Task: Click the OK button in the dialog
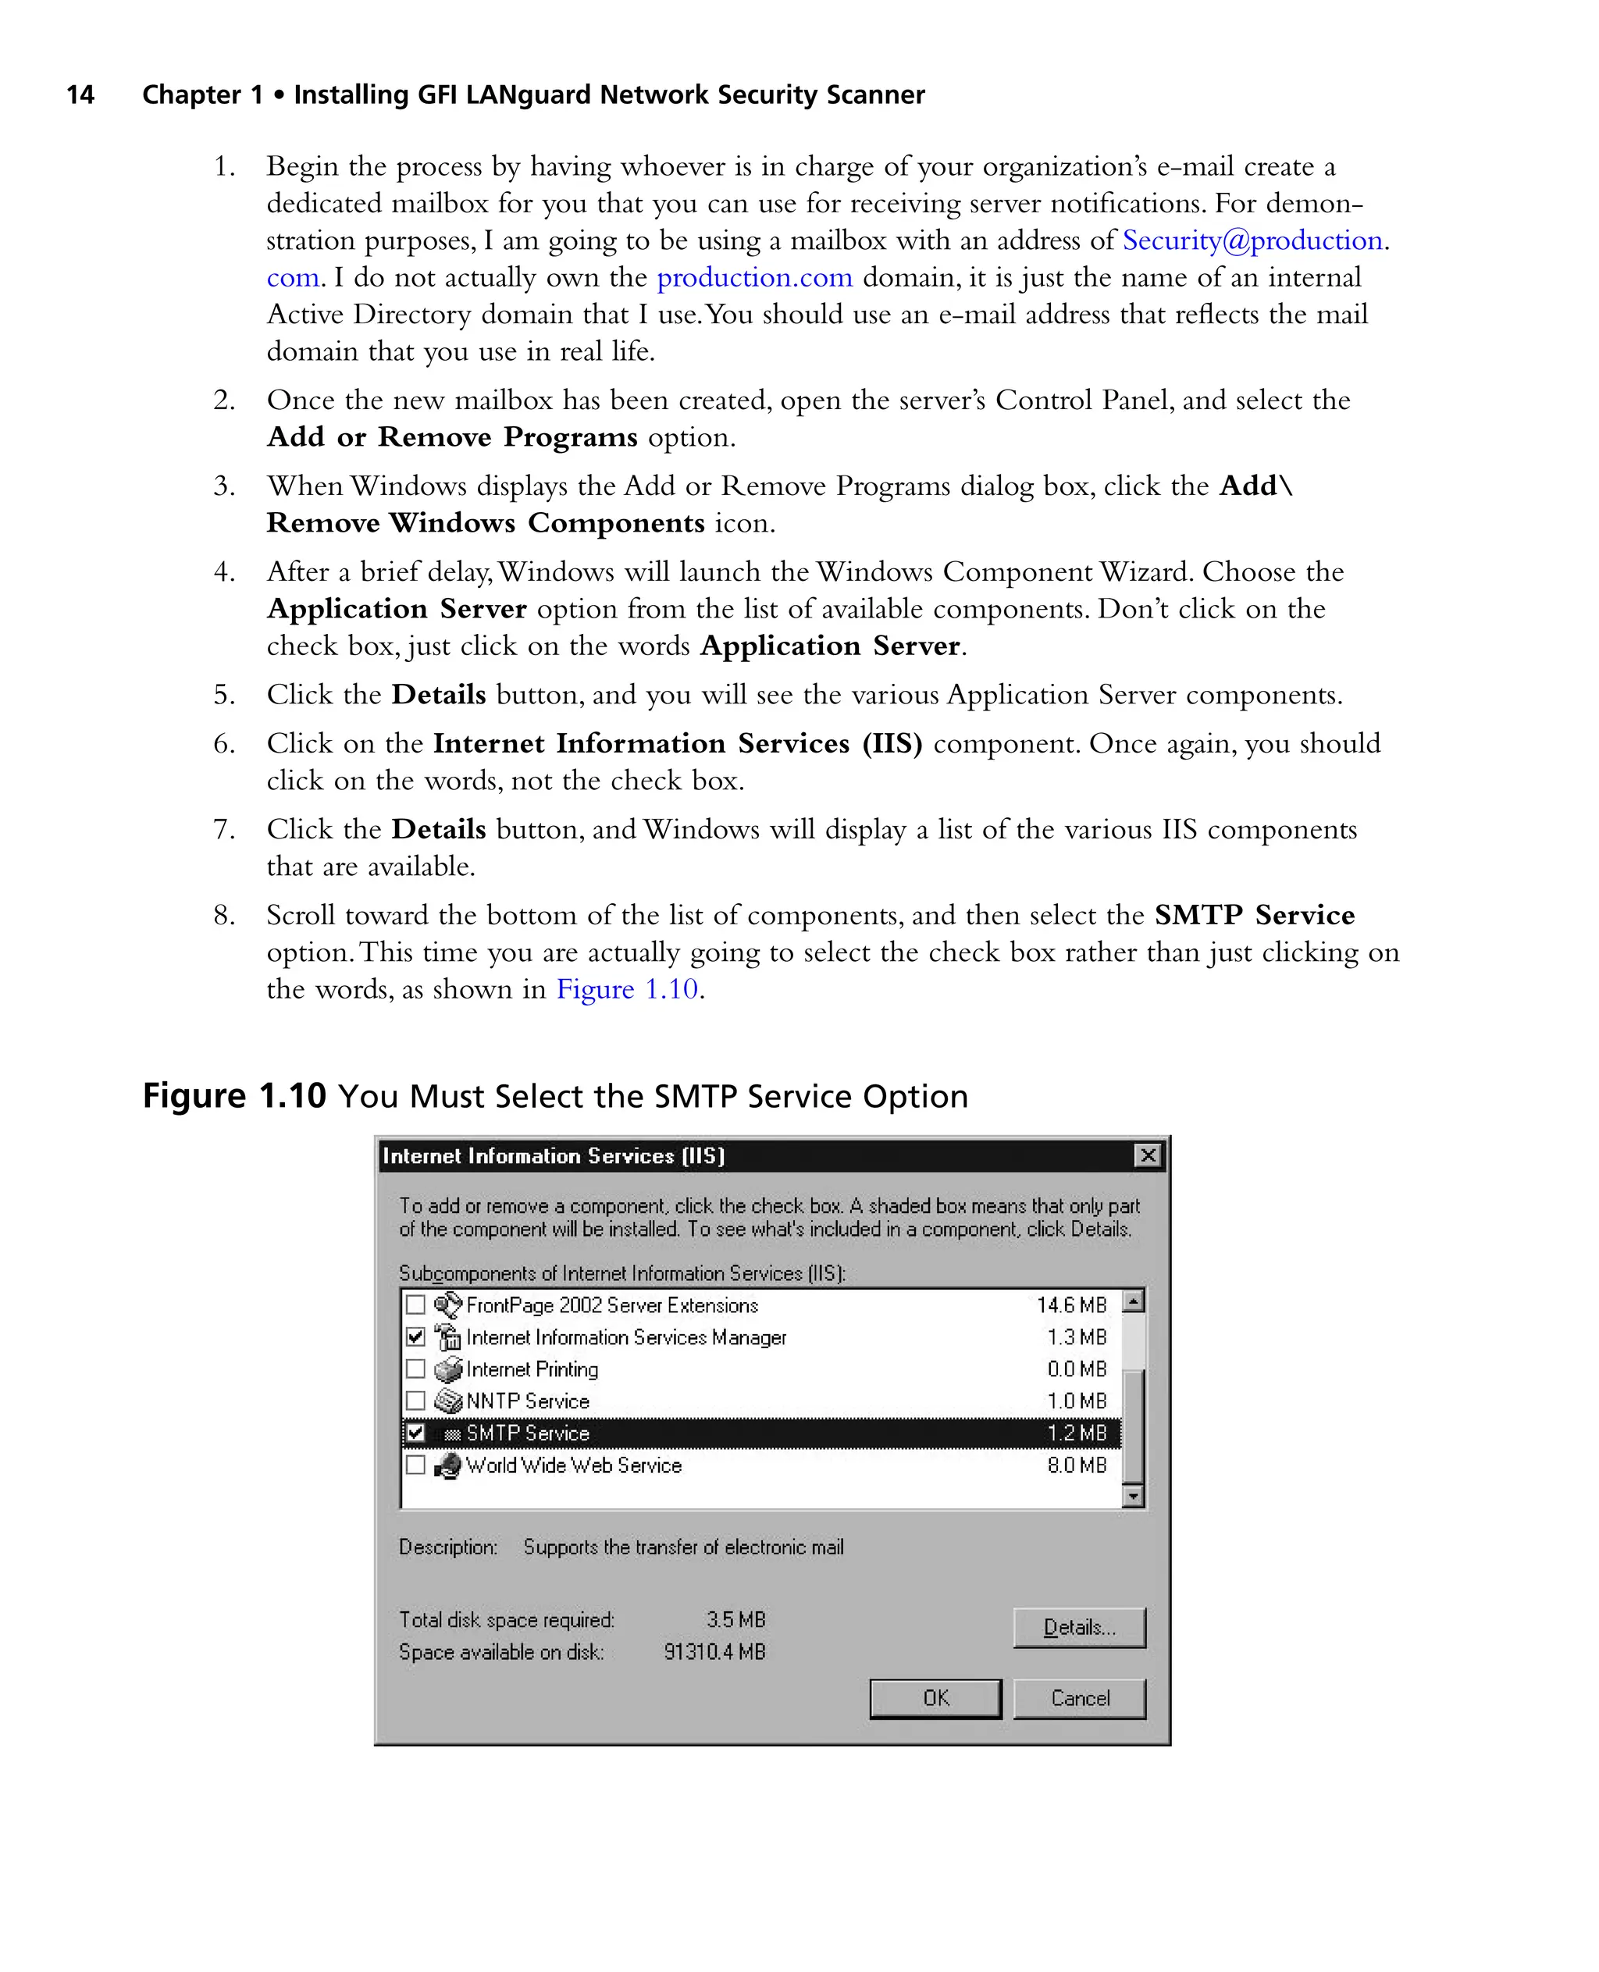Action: pyautogui.click(x=935, y=1697)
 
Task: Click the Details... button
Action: pyautogui.click(x=1078, y=1627)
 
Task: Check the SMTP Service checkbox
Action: pyautogui.click(x=416, y=1433)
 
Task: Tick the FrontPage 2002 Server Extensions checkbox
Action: pyautogui.click(x=416, y=1305)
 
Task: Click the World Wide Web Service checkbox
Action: pyautogui.click(x=416, y=1465)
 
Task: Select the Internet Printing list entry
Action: pyautogui.click(x=532, y=1369)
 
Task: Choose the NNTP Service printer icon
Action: pyautogui.click(x=447, y=1401)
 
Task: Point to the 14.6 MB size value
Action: pyautogui.click(x=1071, y=1305)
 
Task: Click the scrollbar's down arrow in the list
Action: pyautogui.click(x=1133, y=1496)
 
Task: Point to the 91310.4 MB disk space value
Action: pyautogui.click(x=714, y=1651)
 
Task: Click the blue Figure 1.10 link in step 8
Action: pyautogui.click(x=626, y=988)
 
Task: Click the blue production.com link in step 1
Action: pyautogui.click(x=754, y=277)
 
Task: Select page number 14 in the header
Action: pyautogui.click(x=80, y=95)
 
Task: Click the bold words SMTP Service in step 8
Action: pyautogui.click(x=1254, y=915)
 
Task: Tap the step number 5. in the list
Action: pyautogui.click(x=224, y=695)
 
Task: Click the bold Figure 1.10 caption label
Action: pyautogui.click(x=234, y=1096)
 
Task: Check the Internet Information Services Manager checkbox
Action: pyautogui.click(x=416, y=1337)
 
